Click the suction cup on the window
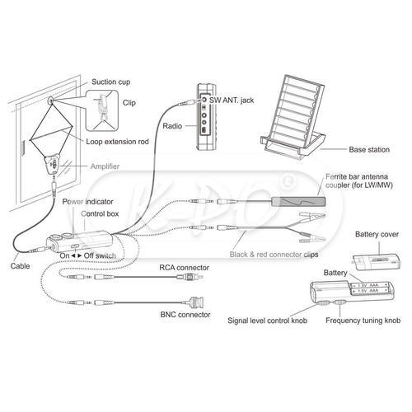point(50,101)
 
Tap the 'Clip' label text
point(129,103)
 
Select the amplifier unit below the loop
point(53,163)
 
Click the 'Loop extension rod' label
point(117,142)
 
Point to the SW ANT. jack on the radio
point(204,100)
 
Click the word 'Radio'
point(172,126)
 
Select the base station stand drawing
point(293,117)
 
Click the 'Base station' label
point(369,150)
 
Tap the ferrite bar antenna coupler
point(298,202)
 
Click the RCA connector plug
point(190,277)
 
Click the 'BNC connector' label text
point(185,315)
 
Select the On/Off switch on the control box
point(75,246)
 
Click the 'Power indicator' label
point(87,202)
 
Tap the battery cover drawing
point(377,262)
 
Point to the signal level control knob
point(324,303)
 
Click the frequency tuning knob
point(339,302)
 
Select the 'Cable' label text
point(20,266)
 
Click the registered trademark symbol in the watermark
point(288,182)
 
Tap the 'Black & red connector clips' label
point(274,255)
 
